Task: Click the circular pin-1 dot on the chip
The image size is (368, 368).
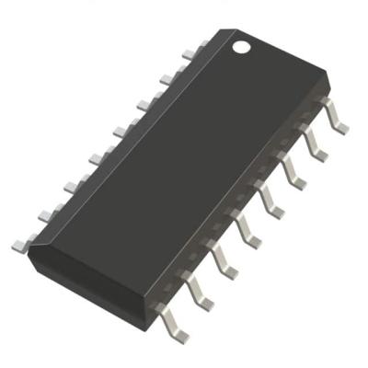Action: pyautogui.click(x=241, y=45)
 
